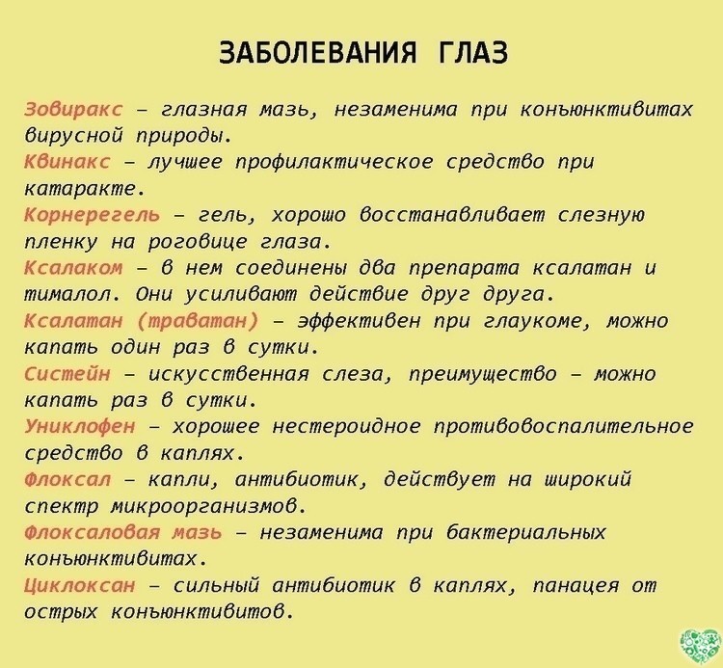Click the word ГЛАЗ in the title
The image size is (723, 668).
point(471,52)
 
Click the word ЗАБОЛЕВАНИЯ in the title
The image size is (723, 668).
point(317,52)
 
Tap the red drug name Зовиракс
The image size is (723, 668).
point(74,110)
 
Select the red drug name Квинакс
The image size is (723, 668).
point(67,162)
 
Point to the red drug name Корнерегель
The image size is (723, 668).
point(93,215)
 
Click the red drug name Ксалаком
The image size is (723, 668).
point(74,268)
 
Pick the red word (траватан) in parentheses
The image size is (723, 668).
point(199,321)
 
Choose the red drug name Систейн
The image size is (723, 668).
point(67,374)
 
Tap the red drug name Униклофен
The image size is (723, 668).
point(80,427)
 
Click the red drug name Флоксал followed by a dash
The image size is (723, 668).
point(67,480)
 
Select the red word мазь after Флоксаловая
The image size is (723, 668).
point(197,533)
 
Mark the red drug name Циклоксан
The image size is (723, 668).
point(80,585)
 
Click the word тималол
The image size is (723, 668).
point(72,295)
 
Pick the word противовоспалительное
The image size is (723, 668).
point(564,427)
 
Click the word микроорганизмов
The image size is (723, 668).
point(209,507)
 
